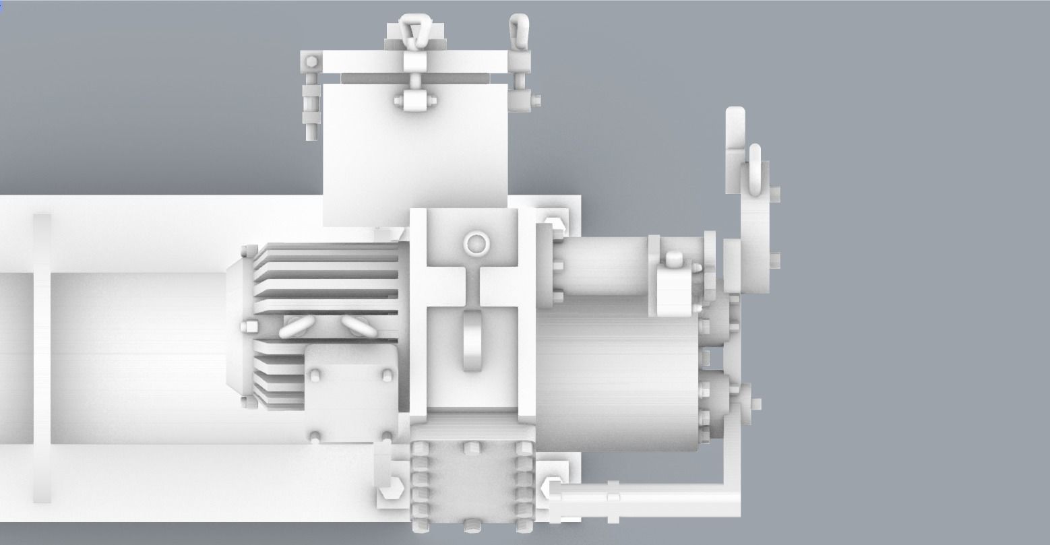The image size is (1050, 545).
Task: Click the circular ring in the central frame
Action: (x=476, y=243)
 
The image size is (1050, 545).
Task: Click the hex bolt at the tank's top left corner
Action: (x=310, y=62)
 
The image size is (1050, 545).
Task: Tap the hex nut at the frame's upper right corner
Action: (x=553, y=225)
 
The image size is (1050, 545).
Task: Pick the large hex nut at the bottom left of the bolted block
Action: (x=390, y=492)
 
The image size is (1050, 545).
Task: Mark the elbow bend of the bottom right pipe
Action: (x=730, y=495)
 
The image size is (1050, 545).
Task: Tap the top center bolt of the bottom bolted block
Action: (x=471, y=447)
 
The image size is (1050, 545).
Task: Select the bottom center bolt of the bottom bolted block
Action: (x=471, y=525)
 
